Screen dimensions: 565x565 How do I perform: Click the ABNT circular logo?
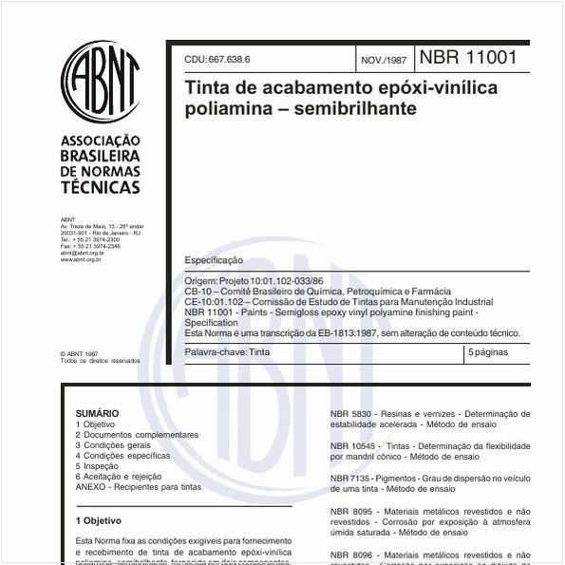coord(100,82)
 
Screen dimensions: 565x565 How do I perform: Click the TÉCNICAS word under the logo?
coord(100,188)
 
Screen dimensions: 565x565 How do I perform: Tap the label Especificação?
coord(214,260)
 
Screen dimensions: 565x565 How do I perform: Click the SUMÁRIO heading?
coord(97,414)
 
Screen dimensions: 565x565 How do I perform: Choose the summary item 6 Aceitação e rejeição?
coord(119,477)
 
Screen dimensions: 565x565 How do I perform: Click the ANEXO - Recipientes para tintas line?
coord(139,487)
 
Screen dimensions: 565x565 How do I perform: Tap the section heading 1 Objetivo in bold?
coord(99,521)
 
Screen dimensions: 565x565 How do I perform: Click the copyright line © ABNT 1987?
coord(79,353)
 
